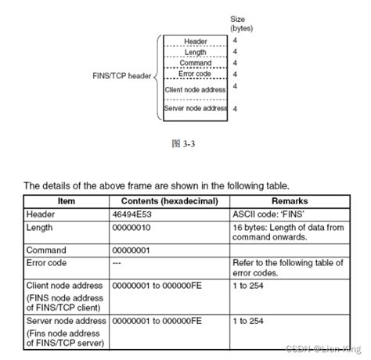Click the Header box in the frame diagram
coord(196,41)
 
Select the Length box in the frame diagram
coord(196,52)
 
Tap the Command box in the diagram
coord(196,63)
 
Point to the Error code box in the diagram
coord(196,75)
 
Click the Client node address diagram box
coord(196,90)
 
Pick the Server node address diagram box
coord(196,109)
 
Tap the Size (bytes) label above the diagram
coord(240,22)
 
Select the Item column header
coord(67,200)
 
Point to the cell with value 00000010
coord(135,228)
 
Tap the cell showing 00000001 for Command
coord(135,251)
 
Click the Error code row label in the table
coord(47,263)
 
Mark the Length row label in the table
coord(40,228)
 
